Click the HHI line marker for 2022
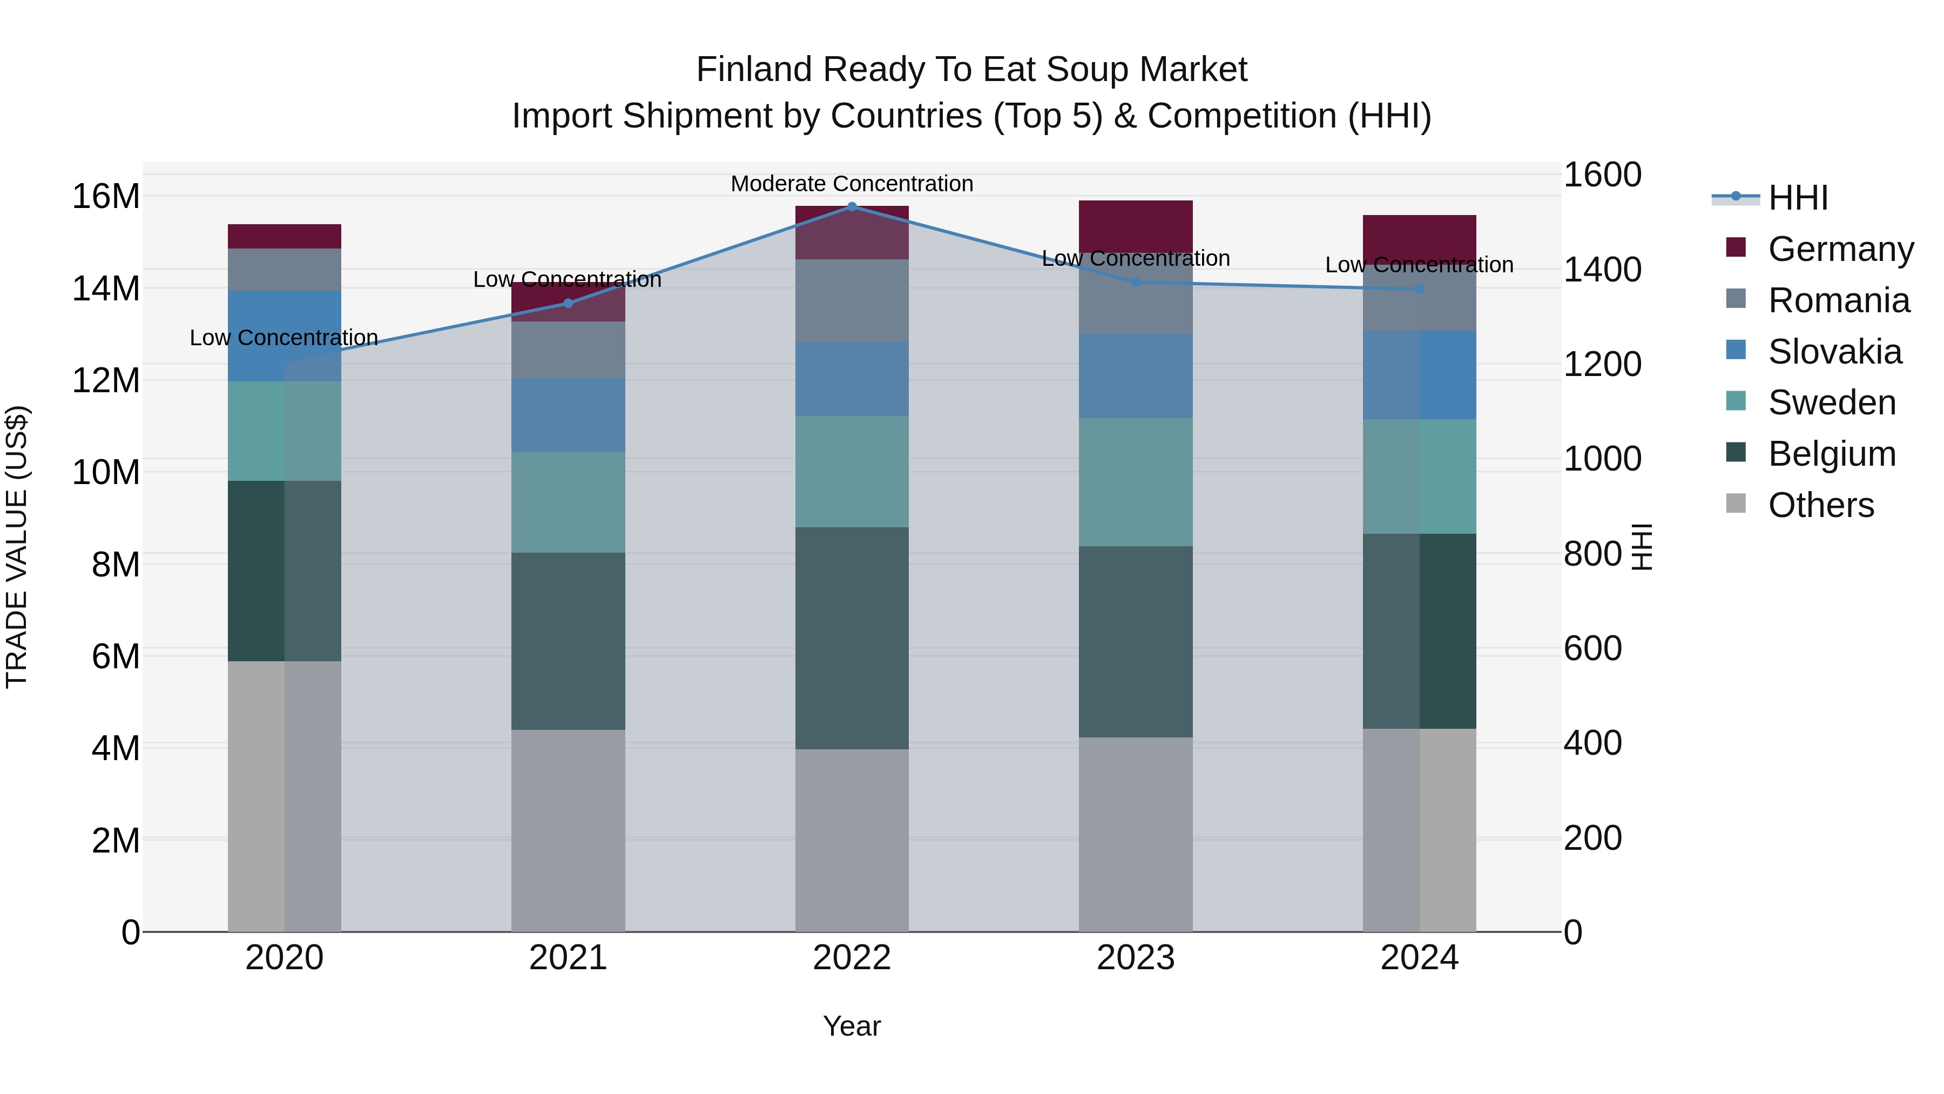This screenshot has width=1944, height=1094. point(852,206)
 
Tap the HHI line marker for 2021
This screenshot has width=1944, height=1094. point(568,304)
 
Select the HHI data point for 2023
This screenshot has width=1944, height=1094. point(1136,283)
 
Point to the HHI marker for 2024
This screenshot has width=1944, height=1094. point(1420,289)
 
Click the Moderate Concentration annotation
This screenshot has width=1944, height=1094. point(852,184)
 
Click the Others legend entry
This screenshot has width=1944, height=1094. point(1820,505)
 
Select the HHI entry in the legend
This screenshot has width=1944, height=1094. point(1798,198)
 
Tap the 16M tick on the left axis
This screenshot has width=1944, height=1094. point(106,196)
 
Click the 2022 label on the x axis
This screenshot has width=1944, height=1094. point(852,958)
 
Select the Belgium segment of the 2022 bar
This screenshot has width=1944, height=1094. point(852,638)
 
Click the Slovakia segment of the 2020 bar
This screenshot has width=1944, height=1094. point(285,336)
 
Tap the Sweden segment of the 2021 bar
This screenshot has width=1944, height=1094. point(568,502)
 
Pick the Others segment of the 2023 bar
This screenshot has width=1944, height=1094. point(1136,834)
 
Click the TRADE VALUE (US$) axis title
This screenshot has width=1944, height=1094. point(17,547)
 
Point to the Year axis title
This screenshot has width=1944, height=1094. point(852,1026)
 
